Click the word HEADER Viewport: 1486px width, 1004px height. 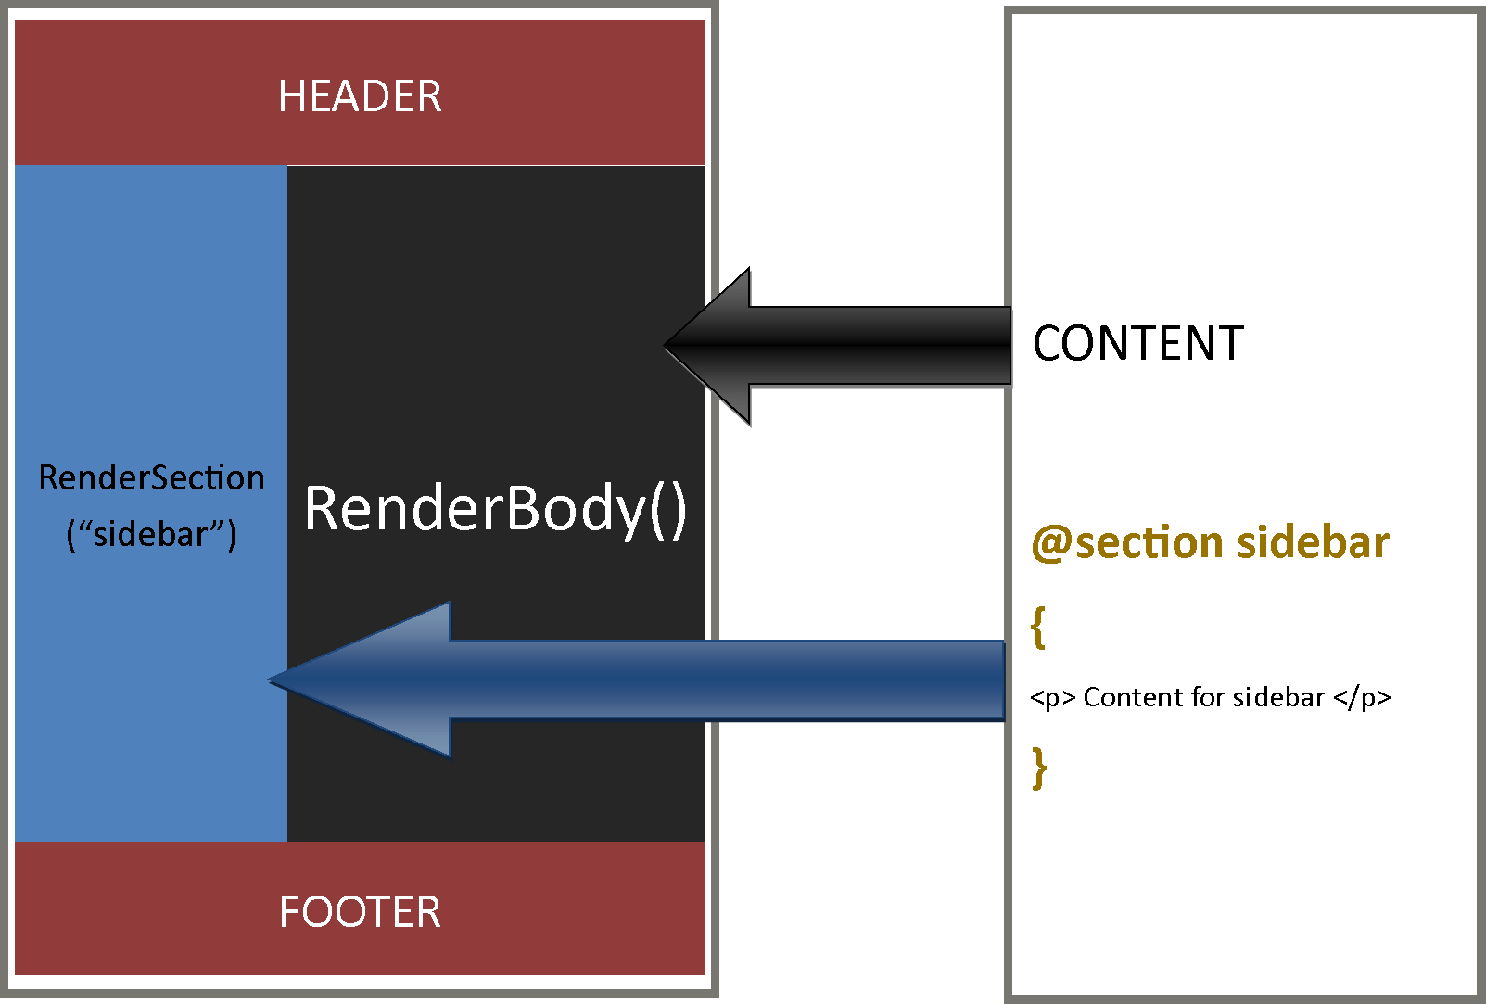pos(360,96)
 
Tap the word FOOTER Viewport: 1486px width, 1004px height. pos(360,912)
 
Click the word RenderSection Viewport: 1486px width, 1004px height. pos(151,477)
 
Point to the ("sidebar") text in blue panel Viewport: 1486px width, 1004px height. pos(151,534)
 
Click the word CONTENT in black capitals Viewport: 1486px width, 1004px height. pos(1137,344)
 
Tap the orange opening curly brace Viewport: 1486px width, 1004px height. pos(1038,628)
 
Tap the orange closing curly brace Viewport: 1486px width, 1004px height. pos(1039,768)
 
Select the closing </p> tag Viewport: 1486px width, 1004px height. pos(1362,697)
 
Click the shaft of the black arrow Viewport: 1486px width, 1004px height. pos(881,346)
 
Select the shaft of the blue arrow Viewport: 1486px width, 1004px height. pos(723,680)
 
